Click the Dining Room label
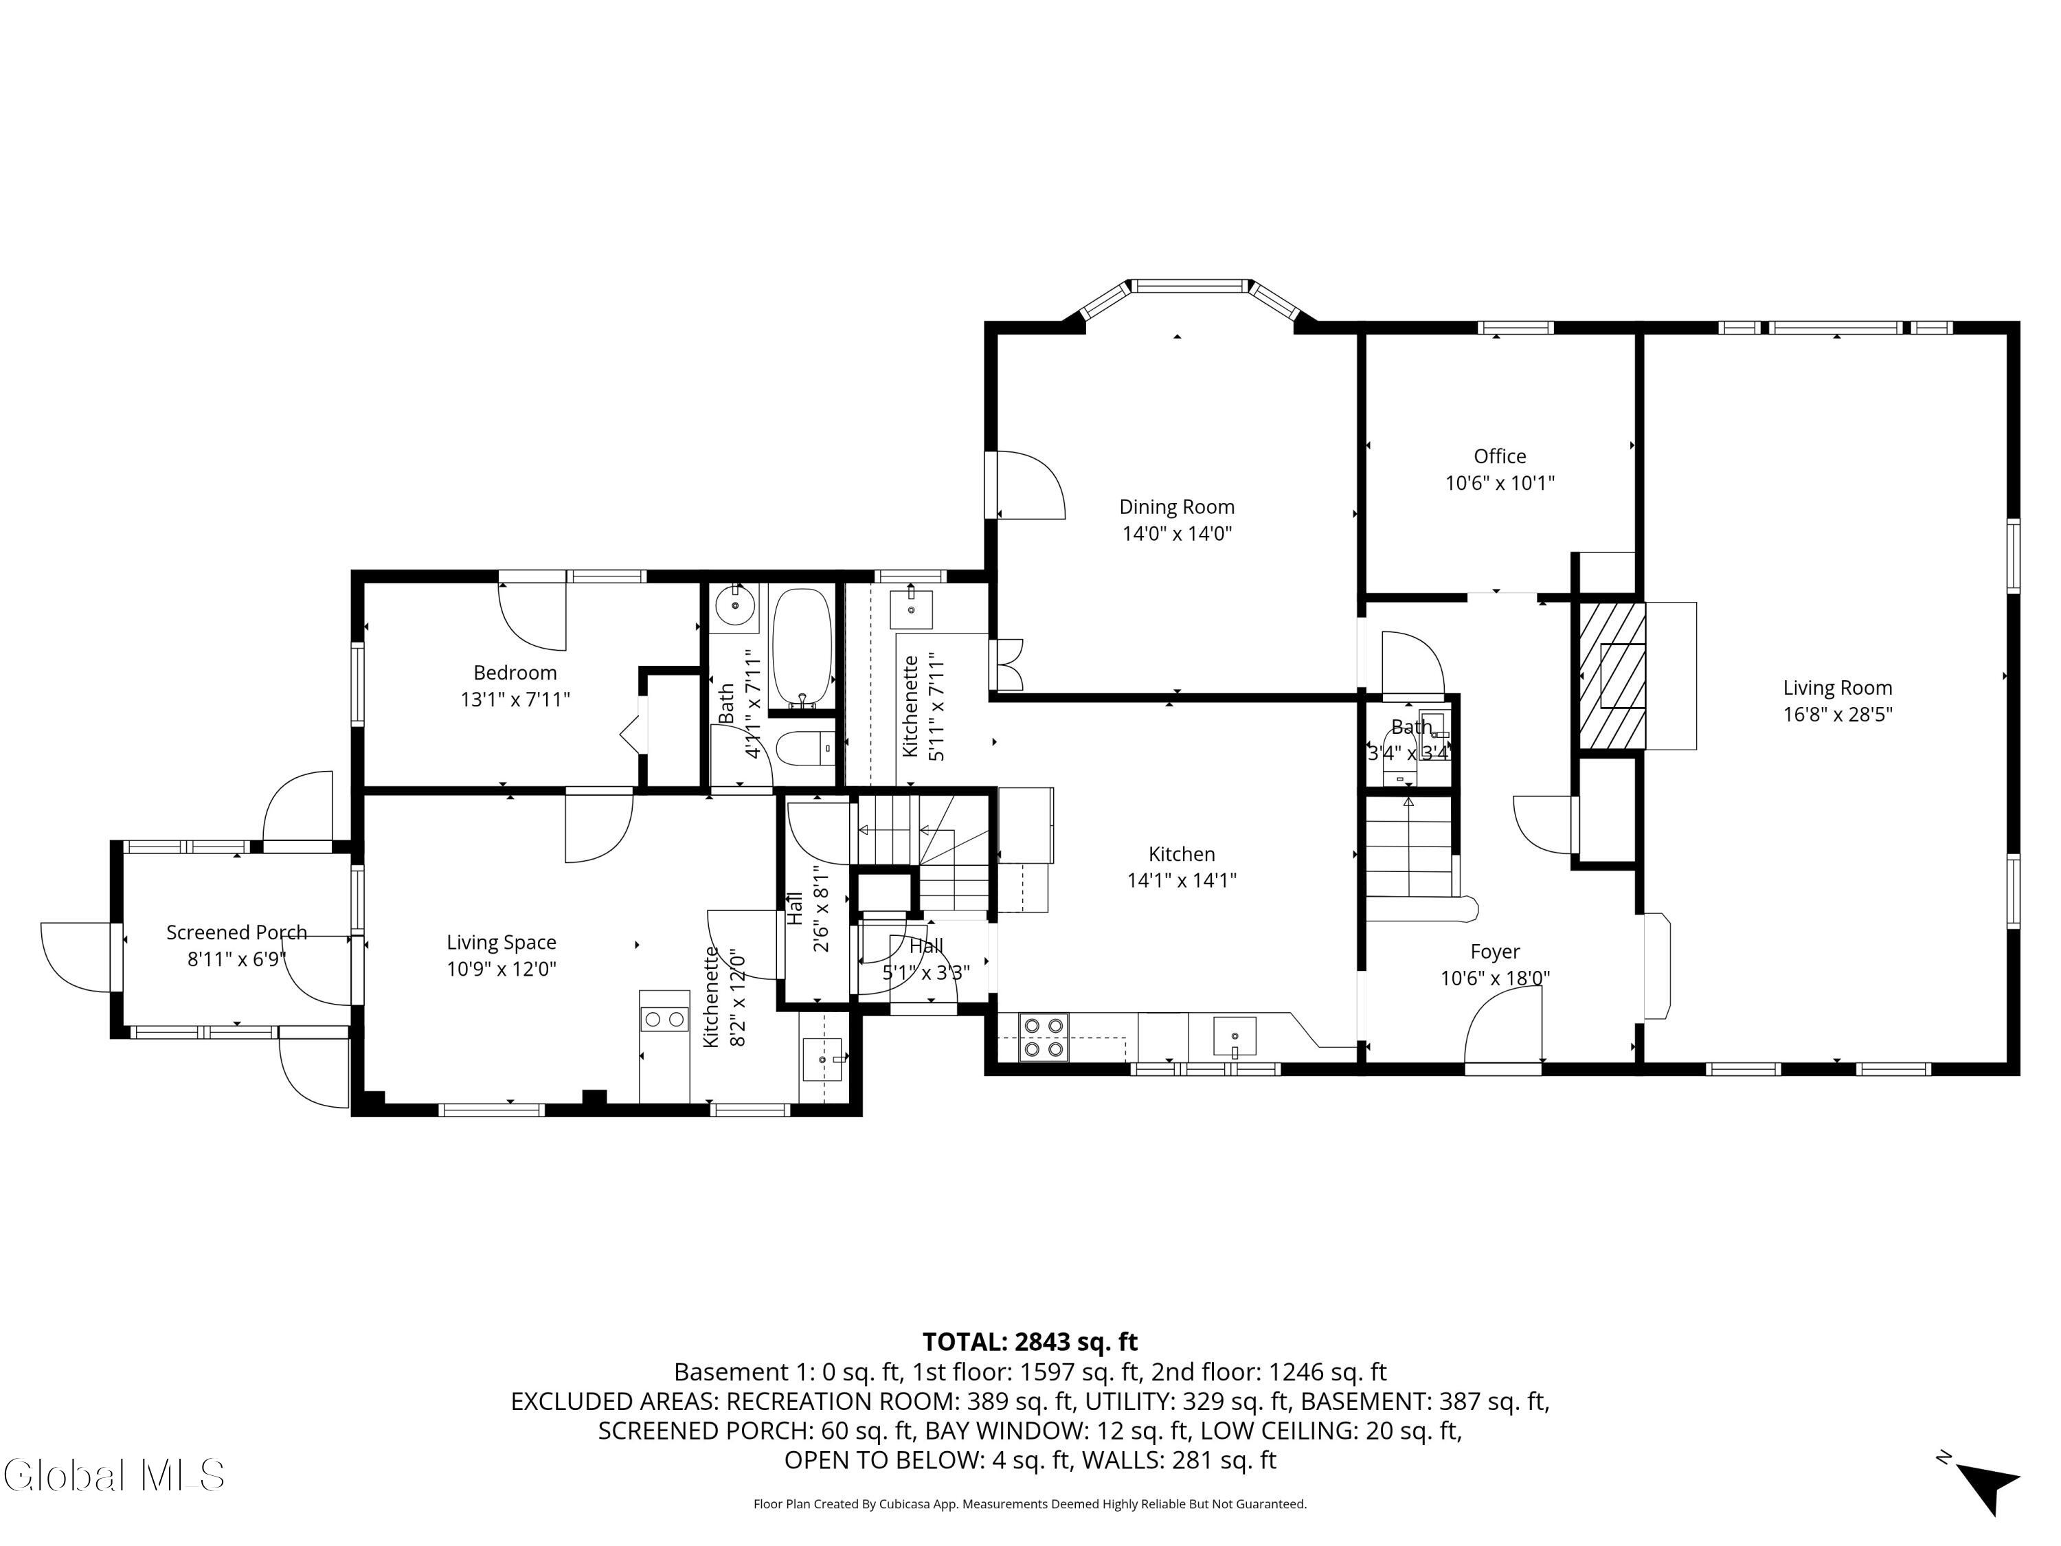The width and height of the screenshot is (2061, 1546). tap(1177, 507)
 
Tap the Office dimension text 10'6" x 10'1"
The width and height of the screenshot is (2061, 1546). tap(1499, 483)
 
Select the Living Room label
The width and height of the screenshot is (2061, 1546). tap(1836, 688)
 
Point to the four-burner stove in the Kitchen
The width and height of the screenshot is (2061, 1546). tap(1043, 1036)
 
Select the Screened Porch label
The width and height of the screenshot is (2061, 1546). tap(236, 932)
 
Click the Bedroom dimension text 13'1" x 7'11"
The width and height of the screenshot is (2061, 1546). tap(515, 699)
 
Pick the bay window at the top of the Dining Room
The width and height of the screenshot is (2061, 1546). tap(1190, 286)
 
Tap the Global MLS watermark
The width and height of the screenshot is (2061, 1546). tap(113, 1475)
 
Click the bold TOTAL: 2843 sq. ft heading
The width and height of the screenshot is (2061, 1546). tap(1030, 1341)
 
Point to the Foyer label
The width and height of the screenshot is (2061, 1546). tap(1494, 952)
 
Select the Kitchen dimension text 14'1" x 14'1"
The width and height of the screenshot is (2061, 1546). tap(1182, 880)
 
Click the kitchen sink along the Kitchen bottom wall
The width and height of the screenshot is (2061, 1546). tap(1235, 1035)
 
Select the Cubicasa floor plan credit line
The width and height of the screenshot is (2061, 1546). tap(1030, 1504)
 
